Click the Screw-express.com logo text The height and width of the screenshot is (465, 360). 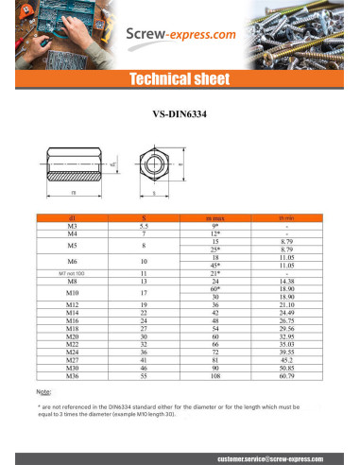tap(180, 36)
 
